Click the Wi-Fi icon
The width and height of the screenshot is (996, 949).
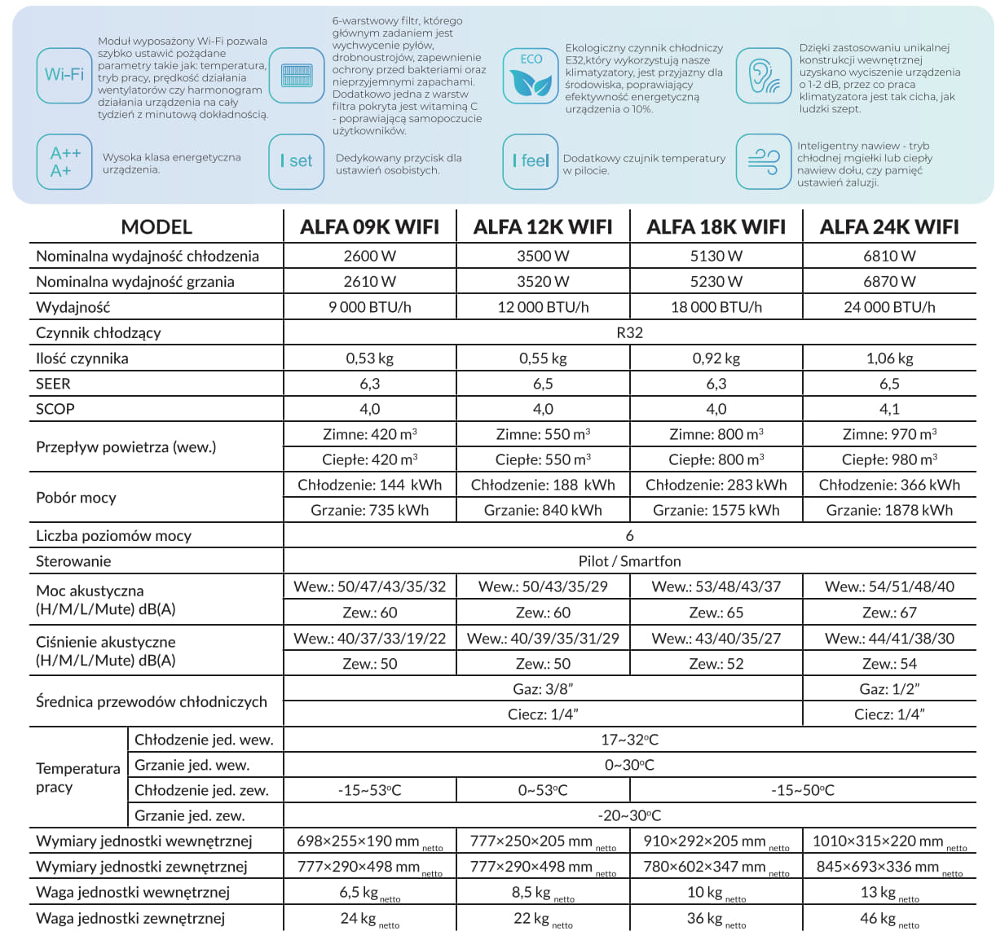coord(64,75)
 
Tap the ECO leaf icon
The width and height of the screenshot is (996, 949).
coord(531,75)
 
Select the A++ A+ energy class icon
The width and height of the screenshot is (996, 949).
coord(65,162)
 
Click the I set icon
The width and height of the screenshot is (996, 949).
coord(296,161)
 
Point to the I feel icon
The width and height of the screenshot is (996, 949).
coord(530,161)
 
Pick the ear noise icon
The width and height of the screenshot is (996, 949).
coord(764,75)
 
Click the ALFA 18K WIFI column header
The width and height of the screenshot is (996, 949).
coord(716,227)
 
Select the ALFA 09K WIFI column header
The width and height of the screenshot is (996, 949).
coord(369,227)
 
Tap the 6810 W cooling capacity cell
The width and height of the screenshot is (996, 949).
coord(889,256)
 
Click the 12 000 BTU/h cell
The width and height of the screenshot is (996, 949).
coord(543,307)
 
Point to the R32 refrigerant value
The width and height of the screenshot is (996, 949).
coord(629,332)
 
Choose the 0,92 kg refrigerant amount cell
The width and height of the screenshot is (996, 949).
coord(716,358)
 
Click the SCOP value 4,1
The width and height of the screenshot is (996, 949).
coord(889,409)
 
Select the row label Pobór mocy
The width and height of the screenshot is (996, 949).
coord(76,498)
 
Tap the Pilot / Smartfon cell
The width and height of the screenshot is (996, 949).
coord(629,561)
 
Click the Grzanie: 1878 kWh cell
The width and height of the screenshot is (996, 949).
coord(889,510)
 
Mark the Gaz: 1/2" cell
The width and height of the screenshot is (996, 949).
coord(889,689)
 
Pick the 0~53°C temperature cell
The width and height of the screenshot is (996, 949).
coord(543,790)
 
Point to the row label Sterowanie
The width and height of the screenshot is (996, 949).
coord(73,561)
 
